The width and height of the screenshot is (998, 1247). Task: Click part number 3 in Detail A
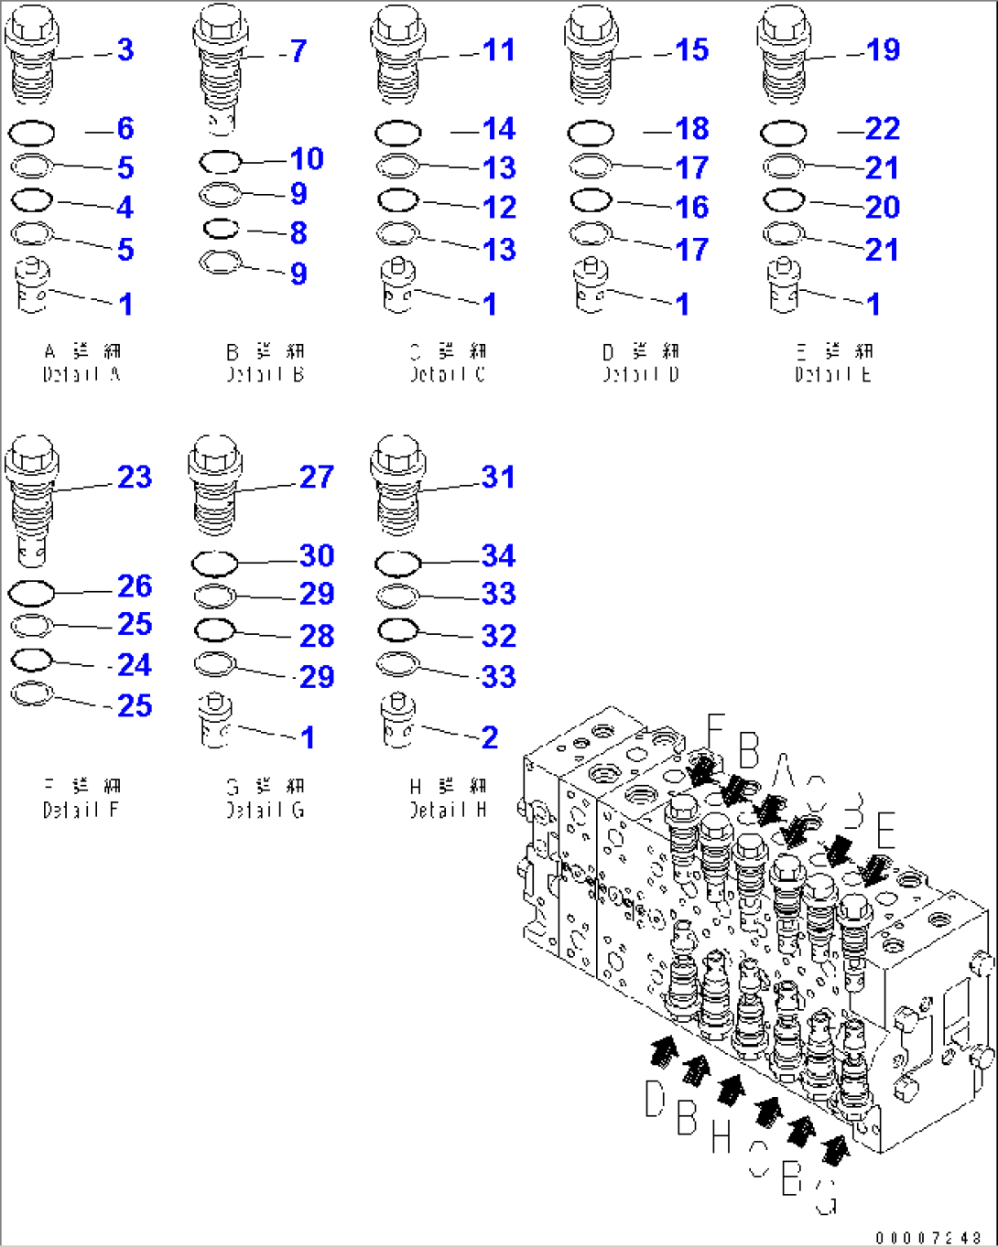click(x=125, y=49)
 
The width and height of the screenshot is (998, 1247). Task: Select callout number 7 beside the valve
click(x=298, y=51)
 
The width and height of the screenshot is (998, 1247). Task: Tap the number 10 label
click(x=307, y=159)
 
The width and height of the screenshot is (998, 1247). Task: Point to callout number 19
click(x=883, y=49)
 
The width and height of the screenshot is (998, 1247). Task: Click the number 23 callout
click(x=135, y=477)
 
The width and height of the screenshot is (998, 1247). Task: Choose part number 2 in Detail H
click(x=490, y=737)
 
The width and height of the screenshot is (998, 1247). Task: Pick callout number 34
click(x=498, y=555)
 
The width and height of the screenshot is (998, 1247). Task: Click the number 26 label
click(x=135, y=586)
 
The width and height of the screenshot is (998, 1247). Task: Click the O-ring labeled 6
click(x=31, y=134)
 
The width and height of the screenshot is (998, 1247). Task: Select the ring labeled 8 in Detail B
click(x=221, y=228)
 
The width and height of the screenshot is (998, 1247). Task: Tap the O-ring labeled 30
click(x=215, y=562)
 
